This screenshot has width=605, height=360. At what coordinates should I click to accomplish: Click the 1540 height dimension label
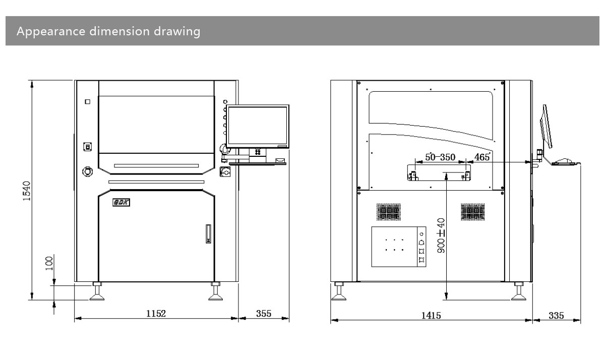click(28, 191)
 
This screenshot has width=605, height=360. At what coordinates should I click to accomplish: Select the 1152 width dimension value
click(156, 313)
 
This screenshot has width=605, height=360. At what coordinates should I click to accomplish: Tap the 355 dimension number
click(263, 313)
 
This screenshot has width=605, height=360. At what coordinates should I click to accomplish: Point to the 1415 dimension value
click(431, 316)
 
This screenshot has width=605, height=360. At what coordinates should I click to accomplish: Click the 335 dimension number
click(556, 316)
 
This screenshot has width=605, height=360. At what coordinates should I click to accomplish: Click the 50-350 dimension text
click(440, 157)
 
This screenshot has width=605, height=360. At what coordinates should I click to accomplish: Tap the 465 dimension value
click(482, 157)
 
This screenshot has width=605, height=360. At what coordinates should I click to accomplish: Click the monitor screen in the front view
click(257, 127)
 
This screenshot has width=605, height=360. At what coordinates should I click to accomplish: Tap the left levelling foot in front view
click(97, 293)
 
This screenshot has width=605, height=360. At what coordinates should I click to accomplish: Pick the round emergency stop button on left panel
click(87, 171)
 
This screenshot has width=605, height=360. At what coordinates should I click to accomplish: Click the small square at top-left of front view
click(88, 101)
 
